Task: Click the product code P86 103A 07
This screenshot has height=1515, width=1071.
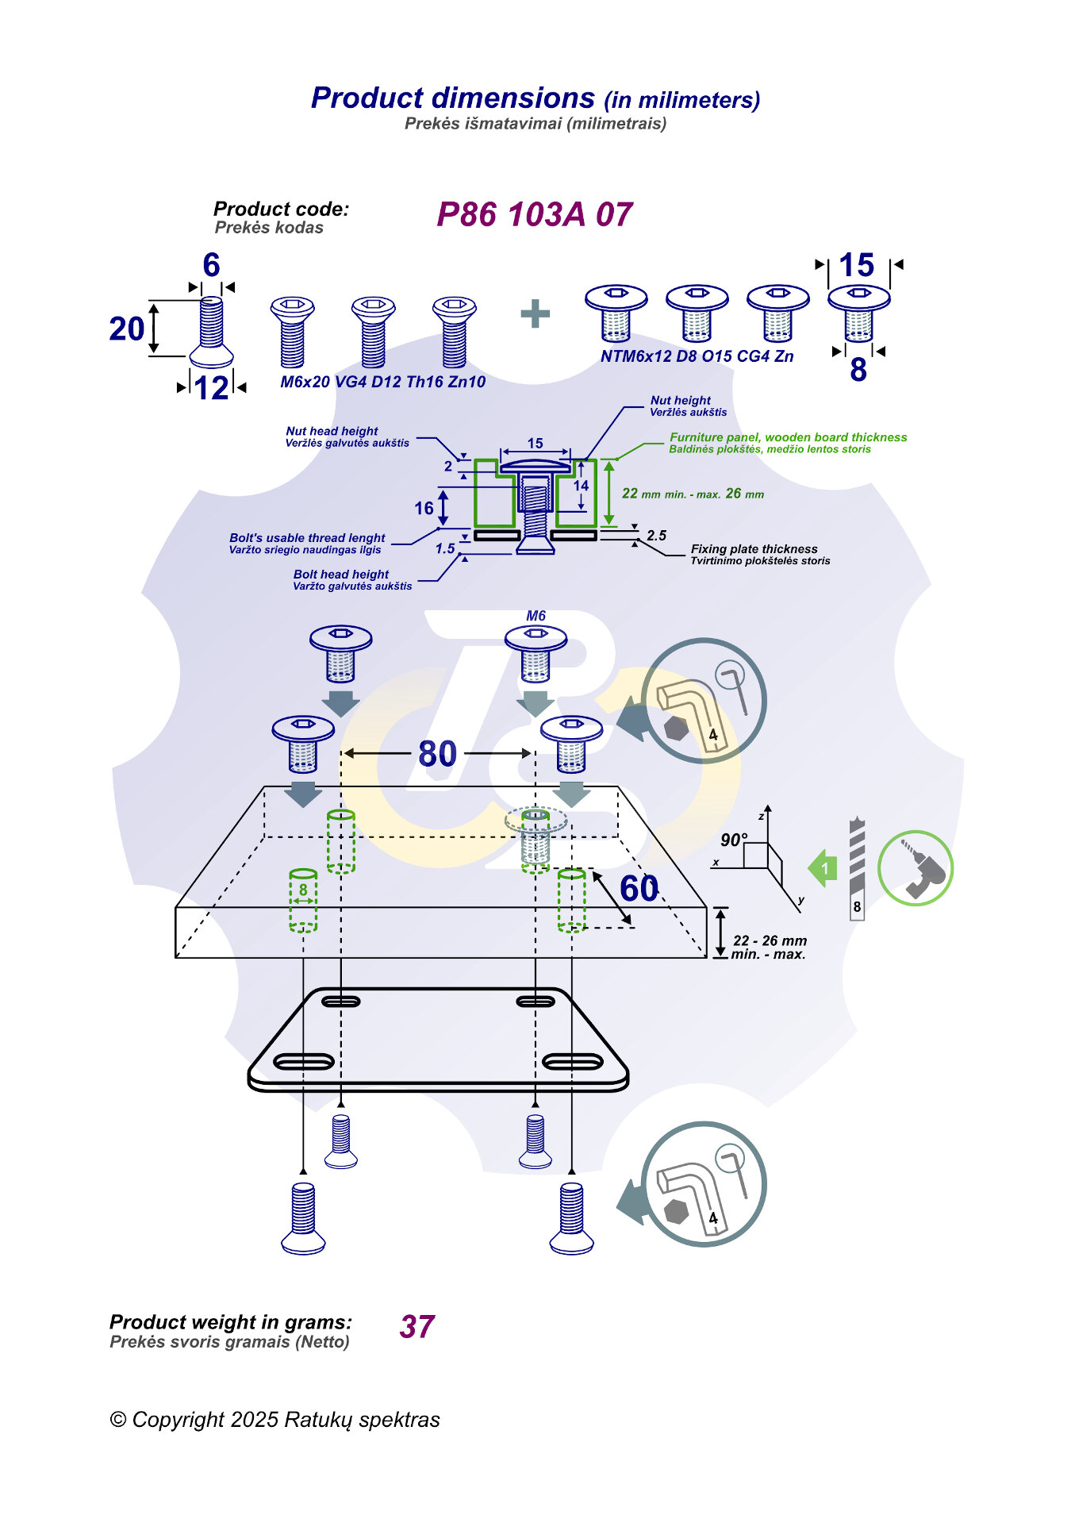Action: pyautogui.click(x=534, y=215)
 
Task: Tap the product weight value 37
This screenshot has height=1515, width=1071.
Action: pyautogui.click(x=417, y=1327)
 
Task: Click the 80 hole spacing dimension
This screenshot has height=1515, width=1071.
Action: pyautogui.click(x=437, y=754)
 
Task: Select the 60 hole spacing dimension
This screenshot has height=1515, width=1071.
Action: pyautogui.click(x=639, y=889)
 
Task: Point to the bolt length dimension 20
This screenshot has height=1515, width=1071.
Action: pyautogui.click(x=127, y=329)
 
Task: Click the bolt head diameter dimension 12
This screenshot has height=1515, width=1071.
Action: pyautogui.click(x=212, y=388)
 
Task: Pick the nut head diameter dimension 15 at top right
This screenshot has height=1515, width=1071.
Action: pyautogui.click(x=856, y=265)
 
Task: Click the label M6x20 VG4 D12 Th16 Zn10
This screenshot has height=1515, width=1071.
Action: pyautogui.click(x=382, y=382)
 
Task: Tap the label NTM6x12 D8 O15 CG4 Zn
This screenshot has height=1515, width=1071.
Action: pyautogui.click(x=697, y=356)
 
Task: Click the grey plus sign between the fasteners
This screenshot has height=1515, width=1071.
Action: pyautogui.click(x=535, y=313)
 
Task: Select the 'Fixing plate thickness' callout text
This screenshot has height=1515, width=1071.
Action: pyautogui.click(x=754, y=549)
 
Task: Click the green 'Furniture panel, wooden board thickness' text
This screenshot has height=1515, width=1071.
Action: pyautogui.click(x=788, y=437)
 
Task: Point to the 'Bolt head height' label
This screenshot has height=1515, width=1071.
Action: pyautogui.click(x=341, y=575)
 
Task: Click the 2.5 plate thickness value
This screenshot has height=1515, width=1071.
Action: pyautogui.click(x=656, y=536)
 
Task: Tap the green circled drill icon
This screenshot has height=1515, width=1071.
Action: pyautogui.click(x=916, y=868)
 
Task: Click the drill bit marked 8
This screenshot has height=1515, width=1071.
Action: pyautogui.click(x=857, y=870)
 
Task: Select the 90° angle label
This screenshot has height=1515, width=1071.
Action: pyautogui.click(x=734, y=840)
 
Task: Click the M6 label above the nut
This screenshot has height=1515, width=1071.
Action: pyautogui.click(x=535, y=616)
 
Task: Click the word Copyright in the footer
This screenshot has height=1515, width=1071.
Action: pyautogui.click(x=178, y=1420)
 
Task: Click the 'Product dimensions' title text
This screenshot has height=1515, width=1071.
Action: pyautogui.click(x=453, y=98)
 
